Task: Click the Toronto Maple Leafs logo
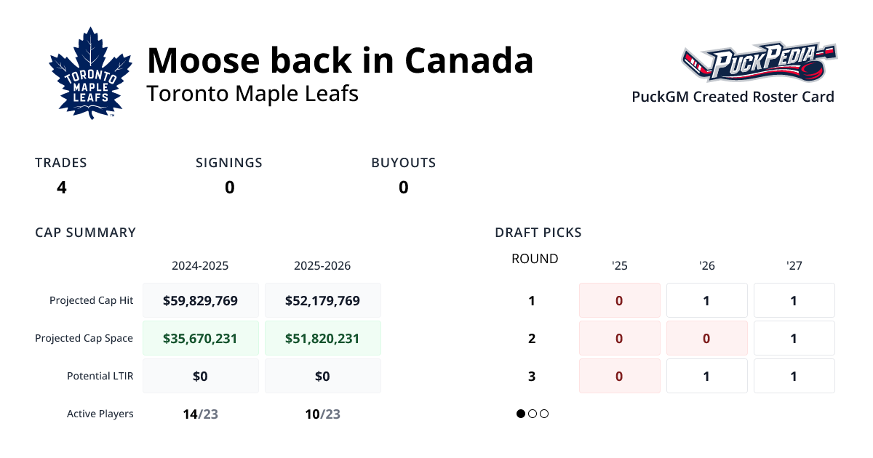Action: click(90, 73)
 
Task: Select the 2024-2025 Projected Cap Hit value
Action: click(200, 300)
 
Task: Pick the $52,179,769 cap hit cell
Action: click(322, 300)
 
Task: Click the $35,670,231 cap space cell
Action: click(200, 338)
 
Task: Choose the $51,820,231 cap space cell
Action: click(322, 338)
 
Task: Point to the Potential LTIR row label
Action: click(100, 376)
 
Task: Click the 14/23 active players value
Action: click(200, 414)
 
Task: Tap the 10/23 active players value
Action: click(322, 414)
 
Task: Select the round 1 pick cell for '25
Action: click(619, 300)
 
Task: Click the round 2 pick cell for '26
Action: click(706, 338)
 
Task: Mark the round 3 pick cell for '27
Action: click(794, 376)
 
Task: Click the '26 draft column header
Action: click(706, 266)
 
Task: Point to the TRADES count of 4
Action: click(62, 188)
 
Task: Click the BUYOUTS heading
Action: click(403, 163)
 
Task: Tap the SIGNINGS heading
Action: click(229, 163)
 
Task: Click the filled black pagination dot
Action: click(521, 414)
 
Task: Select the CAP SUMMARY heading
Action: click(85, 233)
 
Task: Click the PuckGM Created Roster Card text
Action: click(733, 97)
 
